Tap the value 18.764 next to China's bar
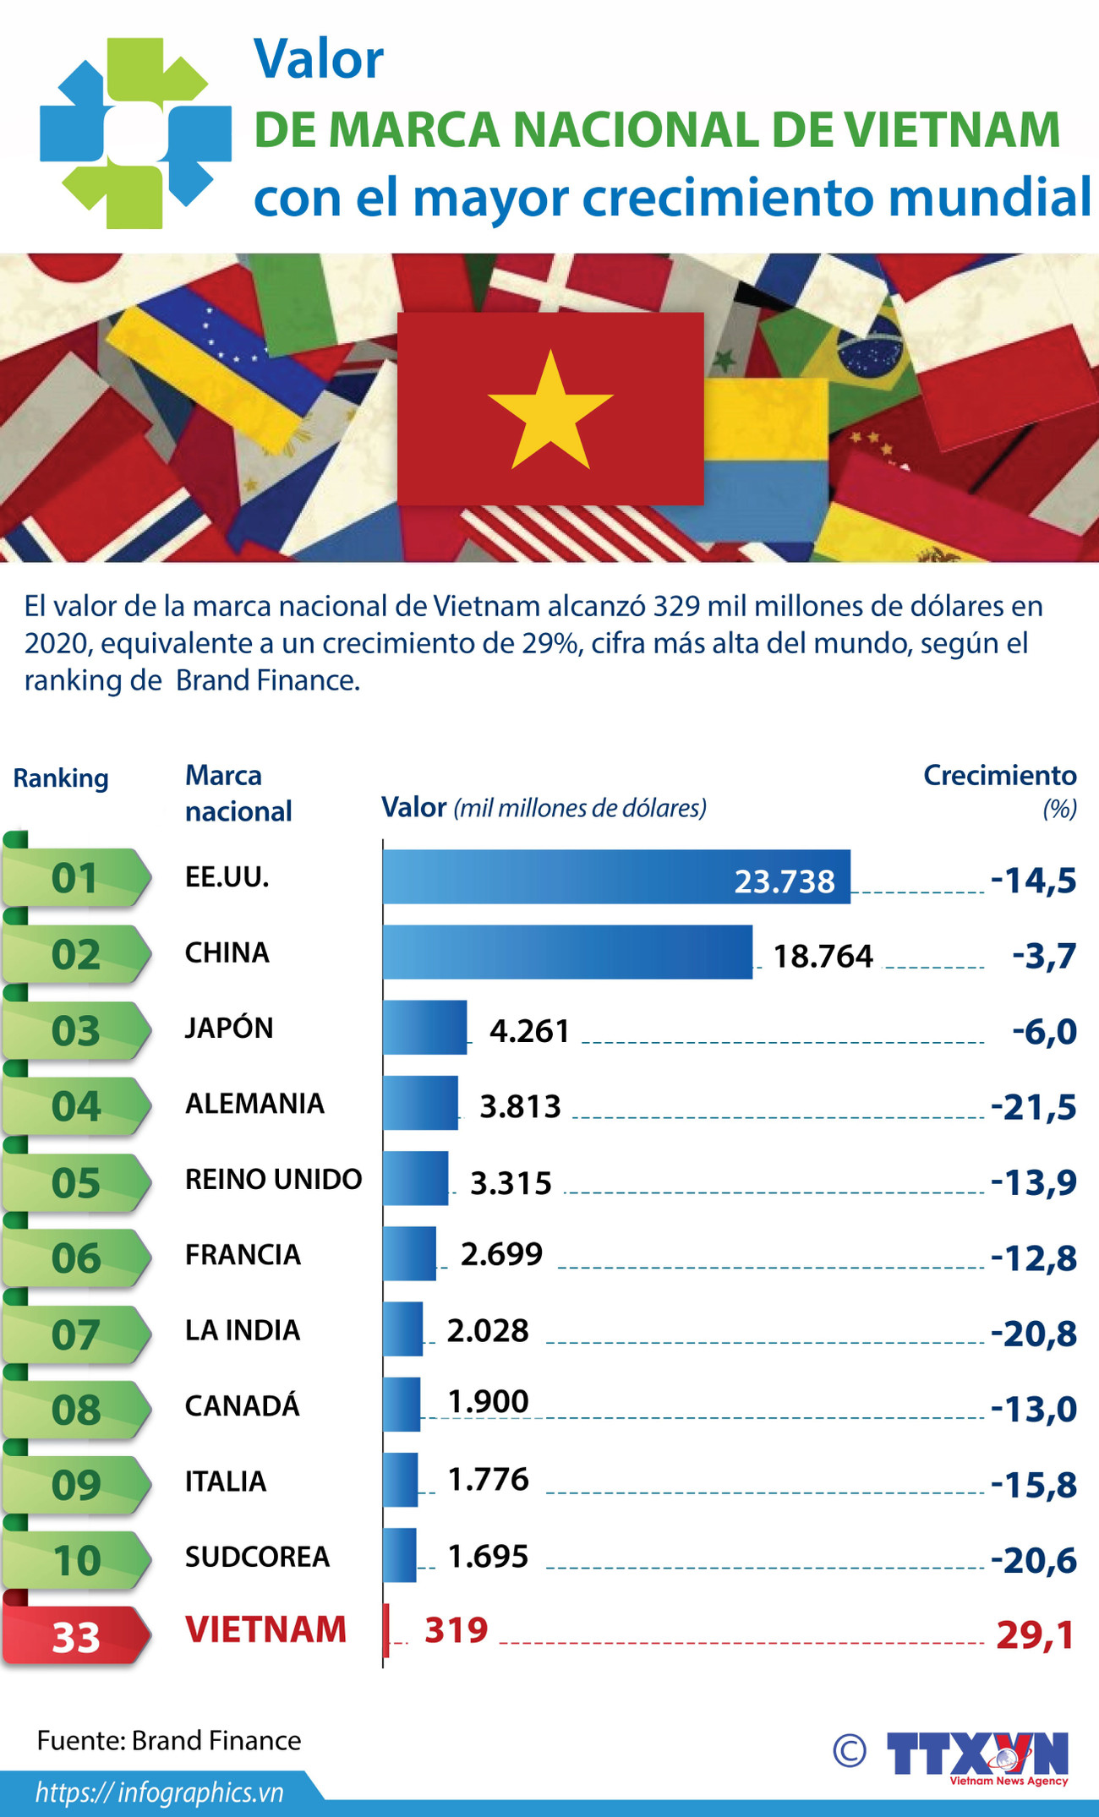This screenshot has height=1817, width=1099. click(x=823, y=956)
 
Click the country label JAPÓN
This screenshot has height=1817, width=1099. click(x=229, y=1028)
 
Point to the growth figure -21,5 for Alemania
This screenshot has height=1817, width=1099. click(x=1033, y=1106)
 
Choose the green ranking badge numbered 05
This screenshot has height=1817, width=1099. click(x=75, y=1182)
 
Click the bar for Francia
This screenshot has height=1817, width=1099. click(x=409, y=1253)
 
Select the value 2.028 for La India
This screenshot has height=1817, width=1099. click(x=488, y=1330)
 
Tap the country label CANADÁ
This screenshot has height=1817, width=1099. click(x=243, y=1405)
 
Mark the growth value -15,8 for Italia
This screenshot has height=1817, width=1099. click(x=1033, y=1485)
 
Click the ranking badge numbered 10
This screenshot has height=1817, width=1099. click(x=75, y=1560)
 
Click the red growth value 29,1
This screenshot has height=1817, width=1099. click(x=1035, y=1635)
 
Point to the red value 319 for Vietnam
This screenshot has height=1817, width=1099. click(x=456, y=1630)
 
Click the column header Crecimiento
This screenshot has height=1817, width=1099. click(x=999, y=775)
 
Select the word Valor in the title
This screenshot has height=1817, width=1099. click(x=319, y=59)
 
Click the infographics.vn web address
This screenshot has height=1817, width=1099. click(x=159, y=1792)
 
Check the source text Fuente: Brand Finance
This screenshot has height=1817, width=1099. click(x=169, y=1740)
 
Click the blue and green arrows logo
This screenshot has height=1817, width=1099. click(x=135, y=133)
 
